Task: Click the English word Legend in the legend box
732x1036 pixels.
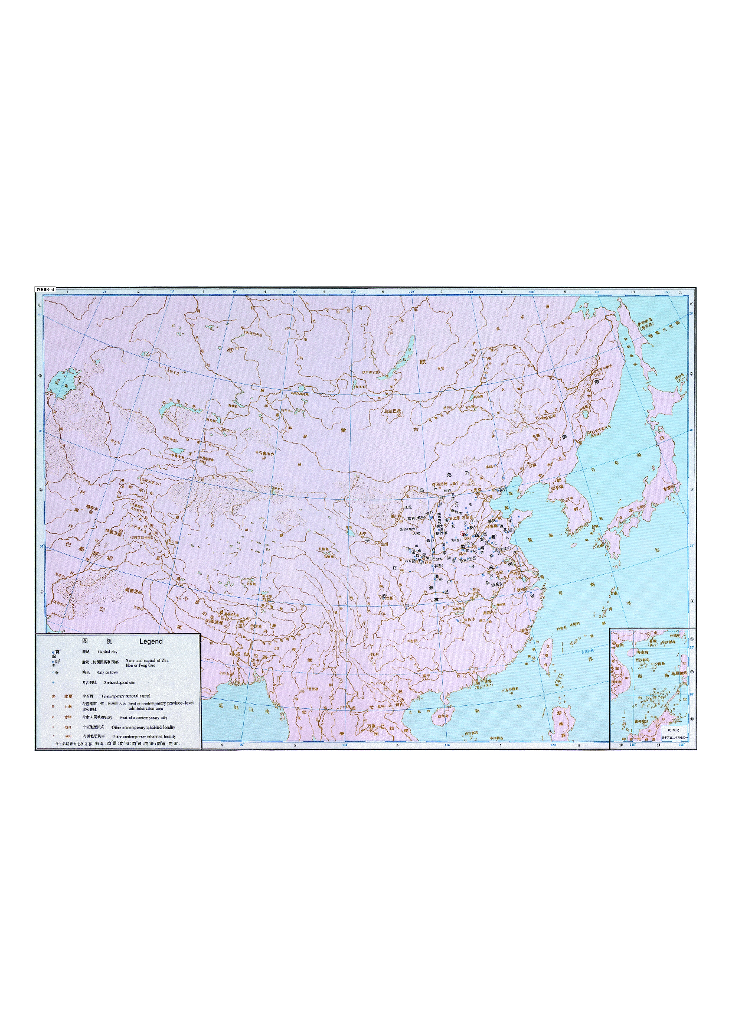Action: click(x=151, y=641)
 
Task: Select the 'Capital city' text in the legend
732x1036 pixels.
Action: click(x=107, y=651)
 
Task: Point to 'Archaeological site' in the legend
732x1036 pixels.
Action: click(x=119, y=683)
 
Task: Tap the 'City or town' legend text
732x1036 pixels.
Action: click(x=107, y=673)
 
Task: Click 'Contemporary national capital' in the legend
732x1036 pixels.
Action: click(x=126, y=696)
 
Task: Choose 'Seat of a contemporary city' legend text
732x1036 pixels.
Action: click(x=143, y=718)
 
